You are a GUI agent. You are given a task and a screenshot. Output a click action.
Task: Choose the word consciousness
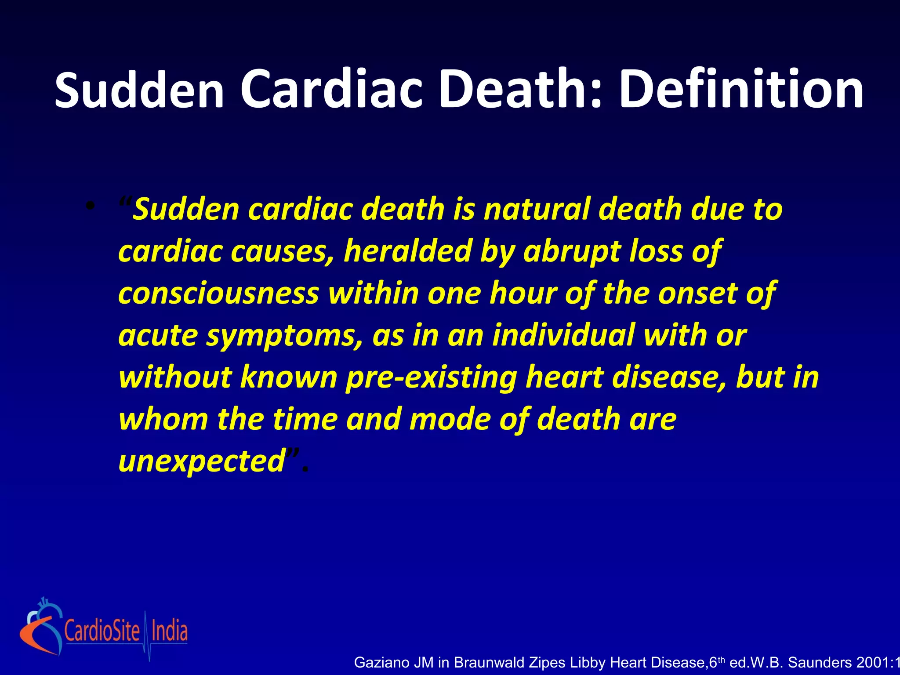(218, 293)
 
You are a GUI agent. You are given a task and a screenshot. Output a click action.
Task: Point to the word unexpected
(203, 461)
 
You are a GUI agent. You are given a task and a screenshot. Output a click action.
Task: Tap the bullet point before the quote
(90, 206)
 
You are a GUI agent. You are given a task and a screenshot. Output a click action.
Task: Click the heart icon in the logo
(41, 626)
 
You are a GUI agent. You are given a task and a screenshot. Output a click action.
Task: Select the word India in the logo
(169, 631)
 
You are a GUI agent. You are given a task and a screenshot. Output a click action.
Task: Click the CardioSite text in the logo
(102, 631)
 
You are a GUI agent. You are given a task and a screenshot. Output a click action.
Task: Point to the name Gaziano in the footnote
(381, 662)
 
